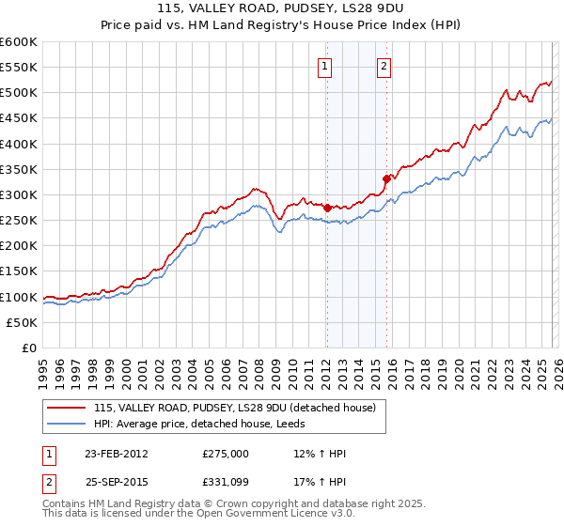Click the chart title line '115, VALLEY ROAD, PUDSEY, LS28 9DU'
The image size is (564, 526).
pyautogui.click(x=282, y=8)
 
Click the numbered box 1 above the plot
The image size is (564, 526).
pyautogui.click(x=325, y=66)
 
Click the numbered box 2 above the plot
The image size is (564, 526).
pyautogui.click(x=385, y=66)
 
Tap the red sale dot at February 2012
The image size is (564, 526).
pyautogui.click(x=327, y=208)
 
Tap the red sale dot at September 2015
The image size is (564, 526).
pyautogui.click(x=386, y=178)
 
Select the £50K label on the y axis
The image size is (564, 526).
pyautogui.click(x=22, y=322)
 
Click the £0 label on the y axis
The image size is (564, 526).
pyautogui.click(x=29, y=348)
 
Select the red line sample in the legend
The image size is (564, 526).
pyautogui.click(x=68, y=408)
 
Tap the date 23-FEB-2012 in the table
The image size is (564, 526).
pyautogui.click(x=113, y=454)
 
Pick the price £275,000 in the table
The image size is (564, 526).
pyautogui.click(x=225, y=454)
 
